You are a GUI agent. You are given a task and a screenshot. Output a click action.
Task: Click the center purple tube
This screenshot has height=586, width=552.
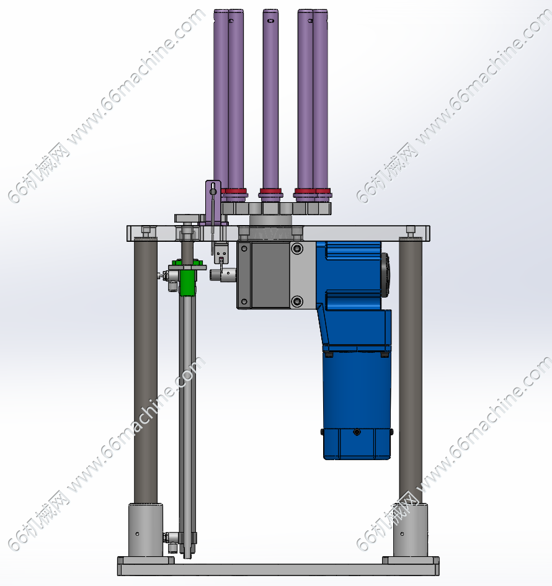coord(270,99)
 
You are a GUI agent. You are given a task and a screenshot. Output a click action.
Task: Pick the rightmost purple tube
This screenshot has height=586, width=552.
coord(321,99)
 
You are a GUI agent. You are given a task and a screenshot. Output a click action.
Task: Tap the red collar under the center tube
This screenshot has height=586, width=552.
coord(270,192)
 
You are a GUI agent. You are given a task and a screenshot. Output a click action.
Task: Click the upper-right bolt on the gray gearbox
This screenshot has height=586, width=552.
coord(297,248)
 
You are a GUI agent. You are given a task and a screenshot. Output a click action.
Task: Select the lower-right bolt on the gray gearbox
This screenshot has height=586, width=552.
coord(297,301)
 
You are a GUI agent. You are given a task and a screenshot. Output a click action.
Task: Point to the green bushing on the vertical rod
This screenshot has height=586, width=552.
coord(187,282)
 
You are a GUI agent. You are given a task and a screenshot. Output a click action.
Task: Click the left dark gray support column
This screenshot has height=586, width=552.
coord(146,371)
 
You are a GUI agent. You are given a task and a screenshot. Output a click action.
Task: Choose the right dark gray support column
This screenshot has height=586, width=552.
coord(411,371)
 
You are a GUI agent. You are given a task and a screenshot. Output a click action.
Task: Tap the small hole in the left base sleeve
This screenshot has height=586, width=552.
coord(137,534)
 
